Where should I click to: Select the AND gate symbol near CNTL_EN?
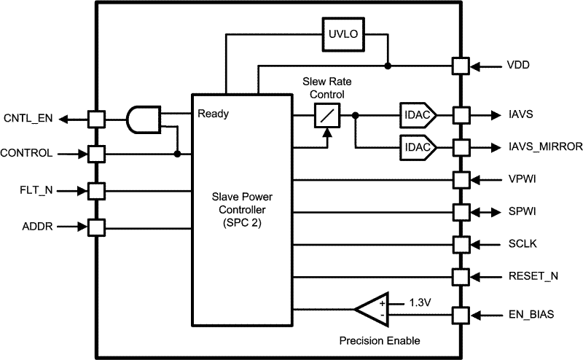pyautogui.click(x=144, y=118)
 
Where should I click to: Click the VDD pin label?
pyautogui.click(x=520, y=66)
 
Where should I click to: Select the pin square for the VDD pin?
pyautogui.click(x=460, y=66)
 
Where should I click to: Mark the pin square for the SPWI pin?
pyautogui.click(x=460, y=211)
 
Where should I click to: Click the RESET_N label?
pyautogui.click(x=533, y=277)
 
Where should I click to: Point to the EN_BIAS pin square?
pyautogui.click(x=460, y=316)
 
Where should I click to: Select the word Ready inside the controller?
pyautogui.click(x=213, y=114)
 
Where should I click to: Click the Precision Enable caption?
pyautogui.click(x=380, y=341)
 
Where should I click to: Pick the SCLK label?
pyautogui.click(x=523, y=244)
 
